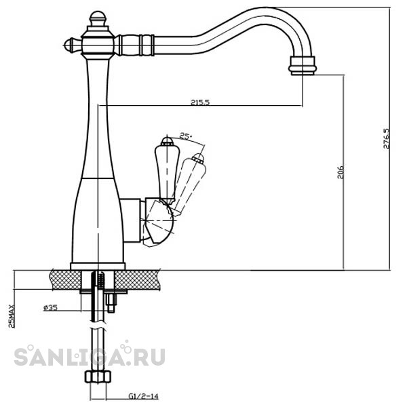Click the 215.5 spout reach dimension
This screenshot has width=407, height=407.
coord(200,102)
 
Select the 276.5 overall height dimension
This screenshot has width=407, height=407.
coord(387,138)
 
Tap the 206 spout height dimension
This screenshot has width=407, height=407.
coord(341,172)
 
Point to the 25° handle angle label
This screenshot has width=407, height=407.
coord(186,136)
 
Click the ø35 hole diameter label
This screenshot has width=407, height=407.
coord(50,308)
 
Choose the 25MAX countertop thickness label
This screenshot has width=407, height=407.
coord(12,316)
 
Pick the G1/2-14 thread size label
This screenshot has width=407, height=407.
coord(143,396)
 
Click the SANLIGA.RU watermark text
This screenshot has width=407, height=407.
coord(90,357)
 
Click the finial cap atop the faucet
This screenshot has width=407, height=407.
coord(98,20)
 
